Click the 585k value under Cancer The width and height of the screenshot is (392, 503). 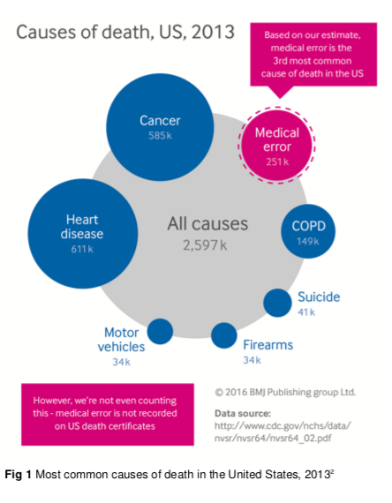(160, 135)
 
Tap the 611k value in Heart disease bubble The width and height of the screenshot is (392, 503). (82, 249)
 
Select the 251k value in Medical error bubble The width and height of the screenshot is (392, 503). (277, 161)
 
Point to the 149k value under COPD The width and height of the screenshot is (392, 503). (308, 241)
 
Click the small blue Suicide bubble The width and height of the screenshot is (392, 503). (277, 303)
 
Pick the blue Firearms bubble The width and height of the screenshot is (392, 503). (223, 335)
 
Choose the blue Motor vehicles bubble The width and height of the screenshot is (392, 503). (160, 332)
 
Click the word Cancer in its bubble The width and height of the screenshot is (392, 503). (160, 121)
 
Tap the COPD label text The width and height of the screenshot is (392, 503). (308, 226)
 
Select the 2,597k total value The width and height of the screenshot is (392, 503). (205, 245)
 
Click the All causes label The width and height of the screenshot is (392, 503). (207, 223)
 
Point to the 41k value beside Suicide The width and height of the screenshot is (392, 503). (306, 312)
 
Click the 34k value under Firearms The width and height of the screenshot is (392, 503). (252, 360)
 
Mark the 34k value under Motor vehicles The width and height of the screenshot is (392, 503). (121, 362)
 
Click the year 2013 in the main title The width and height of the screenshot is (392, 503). (213, 32)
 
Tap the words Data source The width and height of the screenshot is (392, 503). (243, 413)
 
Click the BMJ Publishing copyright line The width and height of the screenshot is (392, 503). (285, 392)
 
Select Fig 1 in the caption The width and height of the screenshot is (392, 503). (18, 474)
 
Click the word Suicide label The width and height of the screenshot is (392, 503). (319, 297)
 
